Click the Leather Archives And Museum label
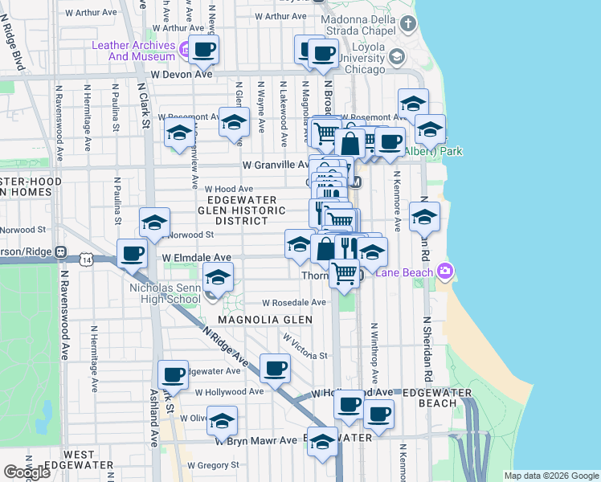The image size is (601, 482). click(x=133, y=51)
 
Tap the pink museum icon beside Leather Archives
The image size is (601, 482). click(x=186, y=51)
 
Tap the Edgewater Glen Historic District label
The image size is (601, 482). click(x=242, y=210)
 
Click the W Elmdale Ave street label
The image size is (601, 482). click(x=196, y=258)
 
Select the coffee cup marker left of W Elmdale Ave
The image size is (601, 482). click(x=133, y=254)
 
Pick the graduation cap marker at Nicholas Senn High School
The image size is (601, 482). click(x=216, y=279)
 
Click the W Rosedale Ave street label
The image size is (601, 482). click(x=294, y=303)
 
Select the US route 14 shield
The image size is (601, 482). click(x=85, y=259)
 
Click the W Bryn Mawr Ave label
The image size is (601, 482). click(x=256, y=441)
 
